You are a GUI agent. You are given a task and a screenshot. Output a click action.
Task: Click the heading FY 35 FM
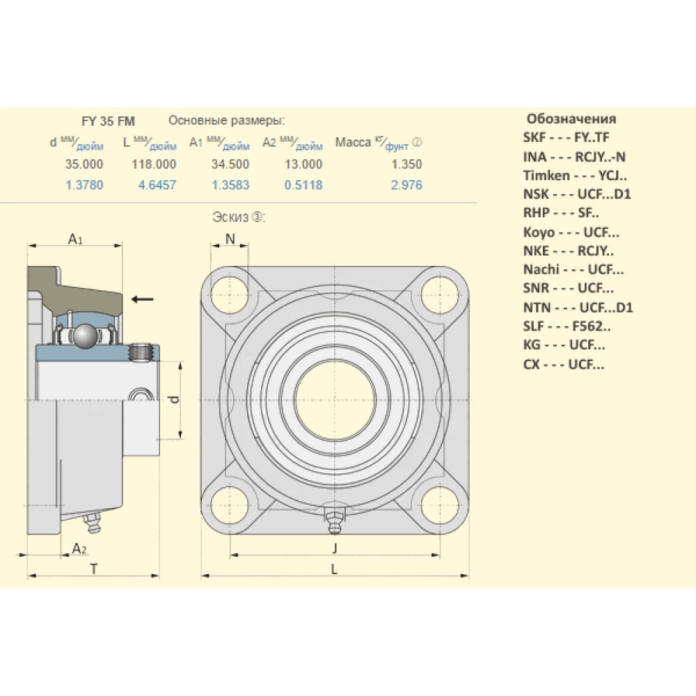[108, 121]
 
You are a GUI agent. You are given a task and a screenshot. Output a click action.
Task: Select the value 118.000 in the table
[154, 164]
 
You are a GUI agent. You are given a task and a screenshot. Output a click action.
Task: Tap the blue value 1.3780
[84, 185]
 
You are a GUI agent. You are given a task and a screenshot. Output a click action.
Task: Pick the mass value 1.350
[407, 164]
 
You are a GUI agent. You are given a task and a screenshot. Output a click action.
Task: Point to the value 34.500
[230, 164]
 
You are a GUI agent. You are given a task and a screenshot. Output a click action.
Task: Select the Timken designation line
[575, 175]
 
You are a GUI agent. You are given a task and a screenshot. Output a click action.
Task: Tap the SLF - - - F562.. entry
[567, 326]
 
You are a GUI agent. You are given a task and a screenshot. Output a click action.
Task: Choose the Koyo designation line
[571, 232]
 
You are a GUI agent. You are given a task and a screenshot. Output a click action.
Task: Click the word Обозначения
[571, 118]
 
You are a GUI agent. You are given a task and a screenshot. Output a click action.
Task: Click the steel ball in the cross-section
[86, 336]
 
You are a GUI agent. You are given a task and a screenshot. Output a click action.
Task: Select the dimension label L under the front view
[334, 569]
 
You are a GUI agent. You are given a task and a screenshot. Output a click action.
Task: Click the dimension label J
[334, 548]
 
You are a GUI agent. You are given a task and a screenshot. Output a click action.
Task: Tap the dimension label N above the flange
[231, 239]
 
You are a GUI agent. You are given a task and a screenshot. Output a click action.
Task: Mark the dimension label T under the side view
[93, 569]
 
